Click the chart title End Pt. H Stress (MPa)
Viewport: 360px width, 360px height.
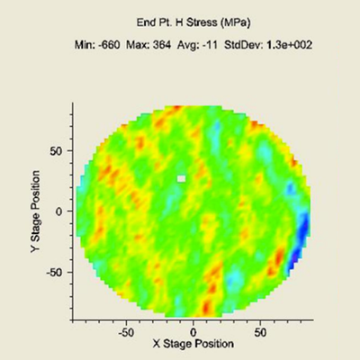[193, 22]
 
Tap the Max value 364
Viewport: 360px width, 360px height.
[162, 45]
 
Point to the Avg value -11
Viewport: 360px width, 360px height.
[210, 45]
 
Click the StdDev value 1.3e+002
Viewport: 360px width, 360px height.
[290, 45]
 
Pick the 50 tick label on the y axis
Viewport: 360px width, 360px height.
[56, 151]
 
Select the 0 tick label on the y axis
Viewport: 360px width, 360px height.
[59, 211]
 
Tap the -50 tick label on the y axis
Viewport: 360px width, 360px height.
[55, 273]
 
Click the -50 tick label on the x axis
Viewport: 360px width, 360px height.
[125, 332]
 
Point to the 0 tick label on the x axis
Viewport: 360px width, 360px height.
[193, 332]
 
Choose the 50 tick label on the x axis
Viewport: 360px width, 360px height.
[260, 332]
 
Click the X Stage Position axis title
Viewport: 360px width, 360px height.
[193, 344]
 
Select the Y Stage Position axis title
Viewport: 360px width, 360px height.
[35, 211]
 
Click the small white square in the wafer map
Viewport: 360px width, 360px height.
[182, 179]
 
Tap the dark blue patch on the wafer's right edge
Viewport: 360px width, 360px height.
[300, 240]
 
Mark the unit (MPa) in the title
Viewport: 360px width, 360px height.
[235, 22]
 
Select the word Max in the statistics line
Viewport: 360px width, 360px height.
[138, 45]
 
